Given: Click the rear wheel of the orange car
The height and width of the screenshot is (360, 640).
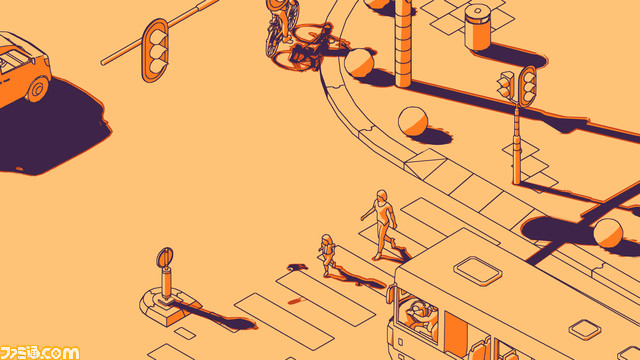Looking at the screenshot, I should [x=37, y=88].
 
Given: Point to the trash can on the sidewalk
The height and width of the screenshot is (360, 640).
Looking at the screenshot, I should [x=478, y=26].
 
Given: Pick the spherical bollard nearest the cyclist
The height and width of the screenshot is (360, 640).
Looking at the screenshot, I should [x=359, y=63].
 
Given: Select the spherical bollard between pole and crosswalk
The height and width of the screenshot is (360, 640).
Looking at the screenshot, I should [x=412, y=121].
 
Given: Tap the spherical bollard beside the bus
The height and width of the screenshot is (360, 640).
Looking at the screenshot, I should [x=607, y=232].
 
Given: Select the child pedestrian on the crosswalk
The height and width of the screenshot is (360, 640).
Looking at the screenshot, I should [x=327, y=254].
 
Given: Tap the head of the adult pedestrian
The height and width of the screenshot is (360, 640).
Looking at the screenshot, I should [x=380, y=196].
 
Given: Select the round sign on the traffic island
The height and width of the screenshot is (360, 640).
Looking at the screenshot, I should [x=165, y=260].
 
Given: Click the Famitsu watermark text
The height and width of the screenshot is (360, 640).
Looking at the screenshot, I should [x=40, y=351].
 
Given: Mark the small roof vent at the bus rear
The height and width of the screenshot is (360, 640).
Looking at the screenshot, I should [x=584, y=328].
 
